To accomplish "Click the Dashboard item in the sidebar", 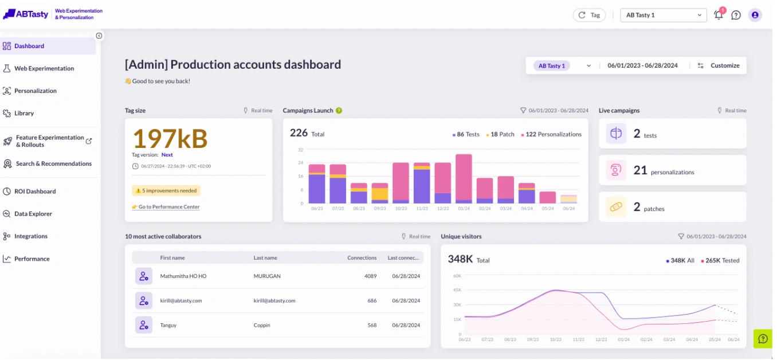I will click(29, 46).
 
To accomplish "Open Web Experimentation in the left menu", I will click(44, 68).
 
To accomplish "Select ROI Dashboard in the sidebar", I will click(34, 191).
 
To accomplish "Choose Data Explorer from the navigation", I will click(33, 214).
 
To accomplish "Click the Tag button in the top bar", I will click(589, 15).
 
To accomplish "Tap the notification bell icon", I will click(719, 15).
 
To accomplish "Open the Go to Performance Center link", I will click(168, 207).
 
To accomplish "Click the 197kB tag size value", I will click(170, 138).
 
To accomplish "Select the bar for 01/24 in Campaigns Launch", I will click(464, 179).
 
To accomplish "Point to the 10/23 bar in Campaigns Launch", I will click(401, 183).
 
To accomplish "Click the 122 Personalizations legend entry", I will click(551, 134).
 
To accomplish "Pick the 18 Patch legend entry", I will click(500, 134).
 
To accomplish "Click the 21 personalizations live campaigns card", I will click(672, 170).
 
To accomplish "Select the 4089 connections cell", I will click(370, 276).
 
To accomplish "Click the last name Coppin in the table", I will click(262, 325).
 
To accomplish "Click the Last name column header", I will click(265, 258).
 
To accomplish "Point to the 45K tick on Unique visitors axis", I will click(457, 290).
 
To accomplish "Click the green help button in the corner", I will click(762, 339).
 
